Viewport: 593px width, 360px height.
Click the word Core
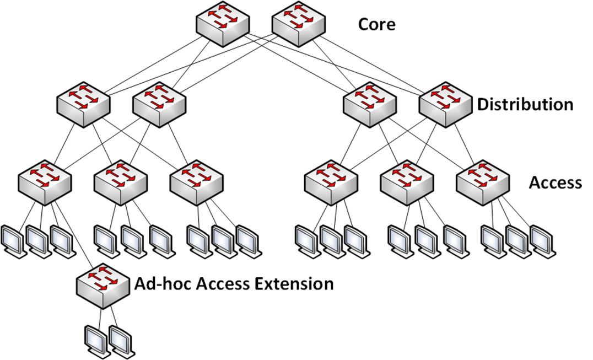376,25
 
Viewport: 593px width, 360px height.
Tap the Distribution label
525,104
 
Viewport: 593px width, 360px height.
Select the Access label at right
555,182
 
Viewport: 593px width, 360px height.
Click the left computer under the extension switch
96,340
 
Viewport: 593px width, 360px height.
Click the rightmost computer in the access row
542,239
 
